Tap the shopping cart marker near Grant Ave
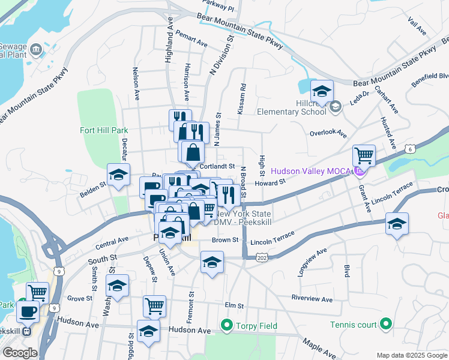point(364,156)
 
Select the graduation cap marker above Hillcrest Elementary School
point(322,92)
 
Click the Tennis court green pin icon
point(385,326)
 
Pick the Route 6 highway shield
point(409,148)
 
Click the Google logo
point(20,352)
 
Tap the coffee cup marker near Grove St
point(28,312)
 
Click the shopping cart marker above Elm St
point(154,307)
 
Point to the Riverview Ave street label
point(312,298)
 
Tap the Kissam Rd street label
point(241,98)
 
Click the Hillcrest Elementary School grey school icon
point(336,106)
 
